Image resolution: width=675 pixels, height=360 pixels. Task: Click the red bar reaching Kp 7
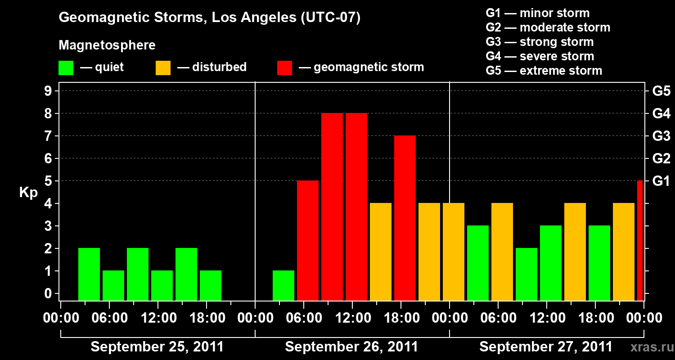(x=405, y=218)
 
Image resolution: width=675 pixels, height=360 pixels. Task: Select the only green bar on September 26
(x=283, y=285)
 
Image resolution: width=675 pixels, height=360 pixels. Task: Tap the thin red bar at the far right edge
(x=640, y=241)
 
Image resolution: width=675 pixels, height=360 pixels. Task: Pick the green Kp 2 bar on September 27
(x=526, y=274)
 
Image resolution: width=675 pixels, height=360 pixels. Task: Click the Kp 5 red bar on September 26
(x=308, y=241)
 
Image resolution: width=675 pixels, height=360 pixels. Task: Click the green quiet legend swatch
(x=66, y=67)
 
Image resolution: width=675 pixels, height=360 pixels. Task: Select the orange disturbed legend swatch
(x=163, y=67)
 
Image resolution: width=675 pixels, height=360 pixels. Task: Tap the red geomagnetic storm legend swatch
(x=284, y=67)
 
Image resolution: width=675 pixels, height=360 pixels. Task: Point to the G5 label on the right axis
(x=661, y=91)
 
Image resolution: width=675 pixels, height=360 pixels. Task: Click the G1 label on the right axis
(x=661, y=181)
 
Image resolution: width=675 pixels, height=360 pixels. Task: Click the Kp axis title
(x=28, y=193)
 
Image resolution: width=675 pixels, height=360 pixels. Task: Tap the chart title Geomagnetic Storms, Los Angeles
(x=210, y=18)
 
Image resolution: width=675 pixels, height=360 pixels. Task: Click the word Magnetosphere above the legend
(x=107, y=45)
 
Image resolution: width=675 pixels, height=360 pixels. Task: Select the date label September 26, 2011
(x=351, y=346)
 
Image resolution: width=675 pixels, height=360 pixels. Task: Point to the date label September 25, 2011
(x=157, y=346)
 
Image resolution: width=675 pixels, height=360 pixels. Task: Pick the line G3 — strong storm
(x=540, y=42)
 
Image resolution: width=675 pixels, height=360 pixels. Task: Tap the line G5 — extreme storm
(x=544, y=71)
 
